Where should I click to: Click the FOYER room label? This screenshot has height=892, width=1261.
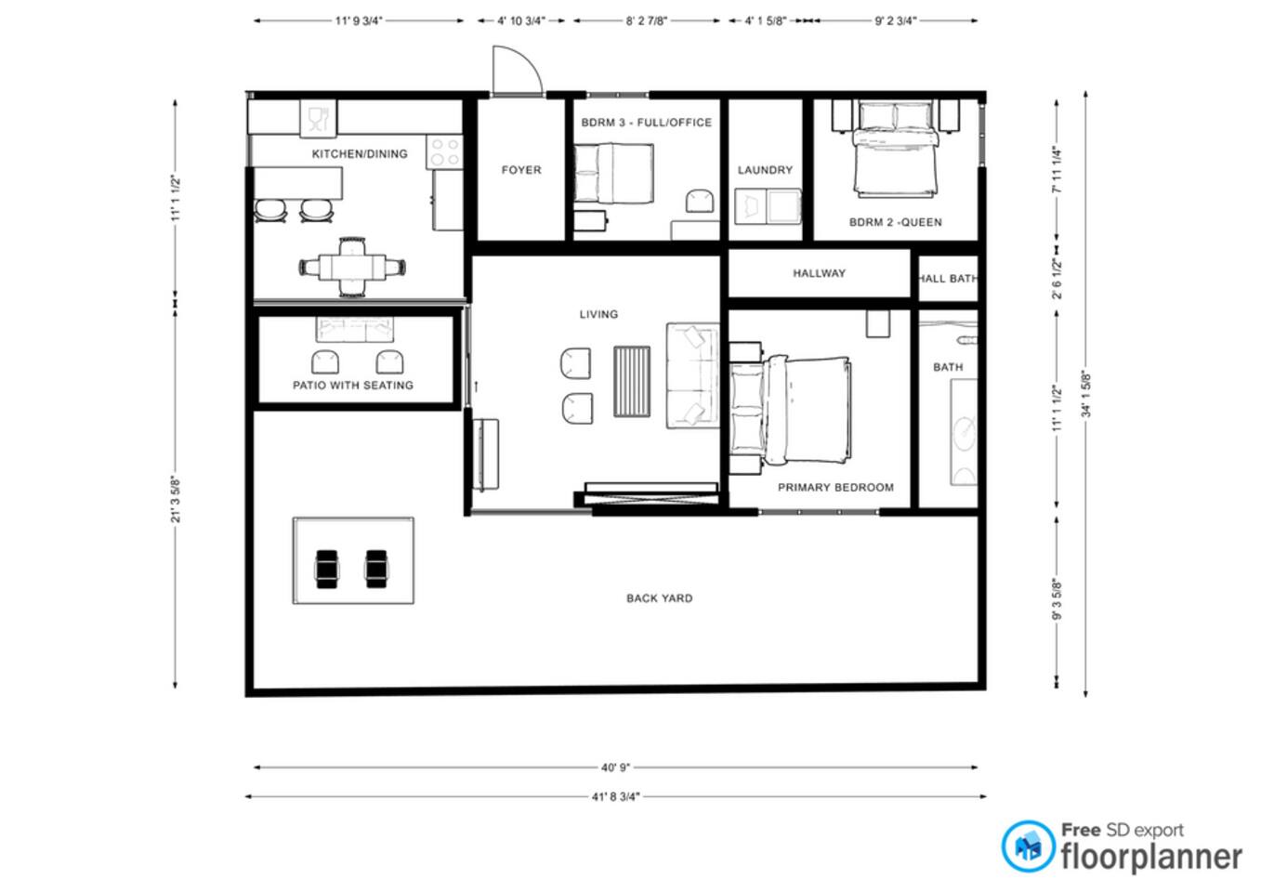[x=521, y=170]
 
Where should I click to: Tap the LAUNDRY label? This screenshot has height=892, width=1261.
[x=765, y=170]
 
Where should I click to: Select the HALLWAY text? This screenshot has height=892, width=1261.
[x=819, y=273]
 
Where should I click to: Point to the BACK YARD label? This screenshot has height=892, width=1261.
[x=659, y=598]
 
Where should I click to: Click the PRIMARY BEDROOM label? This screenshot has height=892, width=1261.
[x=835, y=488]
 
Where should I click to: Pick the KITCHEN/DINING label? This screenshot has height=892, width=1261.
[x=360, y=154]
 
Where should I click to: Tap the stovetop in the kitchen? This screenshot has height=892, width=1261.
[x=445, y=152]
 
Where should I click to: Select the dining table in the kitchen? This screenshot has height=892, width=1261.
[x=352, y=267]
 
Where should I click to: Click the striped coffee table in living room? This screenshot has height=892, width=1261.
[x=632, y=382]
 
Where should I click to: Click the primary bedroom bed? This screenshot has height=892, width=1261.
[x=790, y=413]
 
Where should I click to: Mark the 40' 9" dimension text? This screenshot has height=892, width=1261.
[x=615, y=767]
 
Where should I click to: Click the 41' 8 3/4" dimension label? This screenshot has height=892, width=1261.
[x=616, y=796]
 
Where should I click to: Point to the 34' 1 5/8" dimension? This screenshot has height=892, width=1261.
[x=1086, y=394]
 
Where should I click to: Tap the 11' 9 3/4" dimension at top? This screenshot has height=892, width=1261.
[x=359, y=20]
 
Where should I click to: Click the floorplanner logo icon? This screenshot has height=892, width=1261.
[x=1028, y=846]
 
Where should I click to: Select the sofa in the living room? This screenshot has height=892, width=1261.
[x=693, y=376]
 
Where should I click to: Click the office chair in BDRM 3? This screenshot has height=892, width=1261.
[x=700, y=201]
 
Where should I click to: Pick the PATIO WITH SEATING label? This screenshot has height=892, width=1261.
[x=353, y=386]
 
